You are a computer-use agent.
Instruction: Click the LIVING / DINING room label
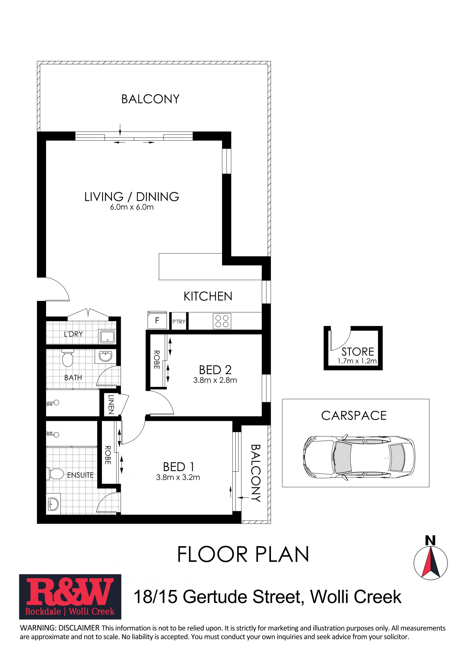click(x=132, y=197)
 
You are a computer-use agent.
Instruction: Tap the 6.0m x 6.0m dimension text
click(x=132, y=207)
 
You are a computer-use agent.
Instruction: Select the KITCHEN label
click(x=208, y=296)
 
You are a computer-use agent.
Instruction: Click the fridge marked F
click(x=157, y=320)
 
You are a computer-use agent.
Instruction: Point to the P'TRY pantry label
click(x=179, y=322)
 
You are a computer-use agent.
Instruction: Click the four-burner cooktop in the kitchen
click(x=222, y=321)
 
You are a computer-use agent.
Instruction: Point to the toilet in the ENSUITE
click(x=55, y=474)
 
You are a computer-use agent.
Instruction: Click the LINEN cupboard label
click(x=111, y=404)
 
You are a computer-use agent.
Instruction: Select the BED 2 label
click(x=215, y=370)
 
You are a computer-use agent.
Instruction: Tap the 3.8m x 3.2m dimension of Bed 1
click(x=178, y=477)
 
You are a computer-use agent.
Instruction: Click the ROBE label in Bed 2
click(x=157, y=360)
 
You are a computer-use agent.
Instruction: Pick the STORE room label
click(x=358, y=351)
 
